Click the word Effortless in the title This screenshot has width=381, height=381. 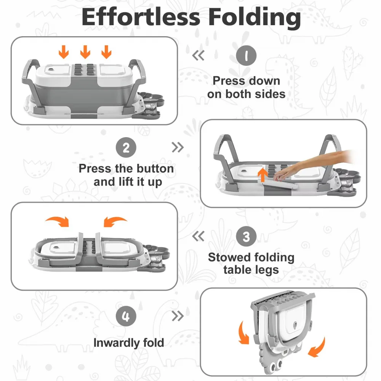141,17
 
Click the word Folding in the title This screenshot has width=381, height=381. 255,18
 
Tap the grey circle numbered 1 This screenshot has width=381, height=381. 246,55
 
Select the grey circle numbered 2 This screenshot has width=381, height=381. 126,147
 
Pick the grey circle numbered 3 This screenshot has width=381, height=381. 246,236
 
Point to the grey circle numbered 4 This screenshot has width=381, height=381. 126,316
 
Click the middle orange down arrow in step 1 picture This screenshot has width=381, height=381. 85,52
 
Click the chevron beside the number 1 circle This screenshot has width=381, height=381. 198,56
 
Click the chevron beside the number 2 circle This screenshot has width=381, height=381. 178,147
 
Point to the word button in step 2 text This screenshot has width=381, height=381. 155,169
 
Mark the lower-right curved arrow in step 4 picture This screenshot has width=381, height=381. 317,347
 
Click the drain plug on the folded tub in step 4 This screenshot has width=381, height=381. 295,324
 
